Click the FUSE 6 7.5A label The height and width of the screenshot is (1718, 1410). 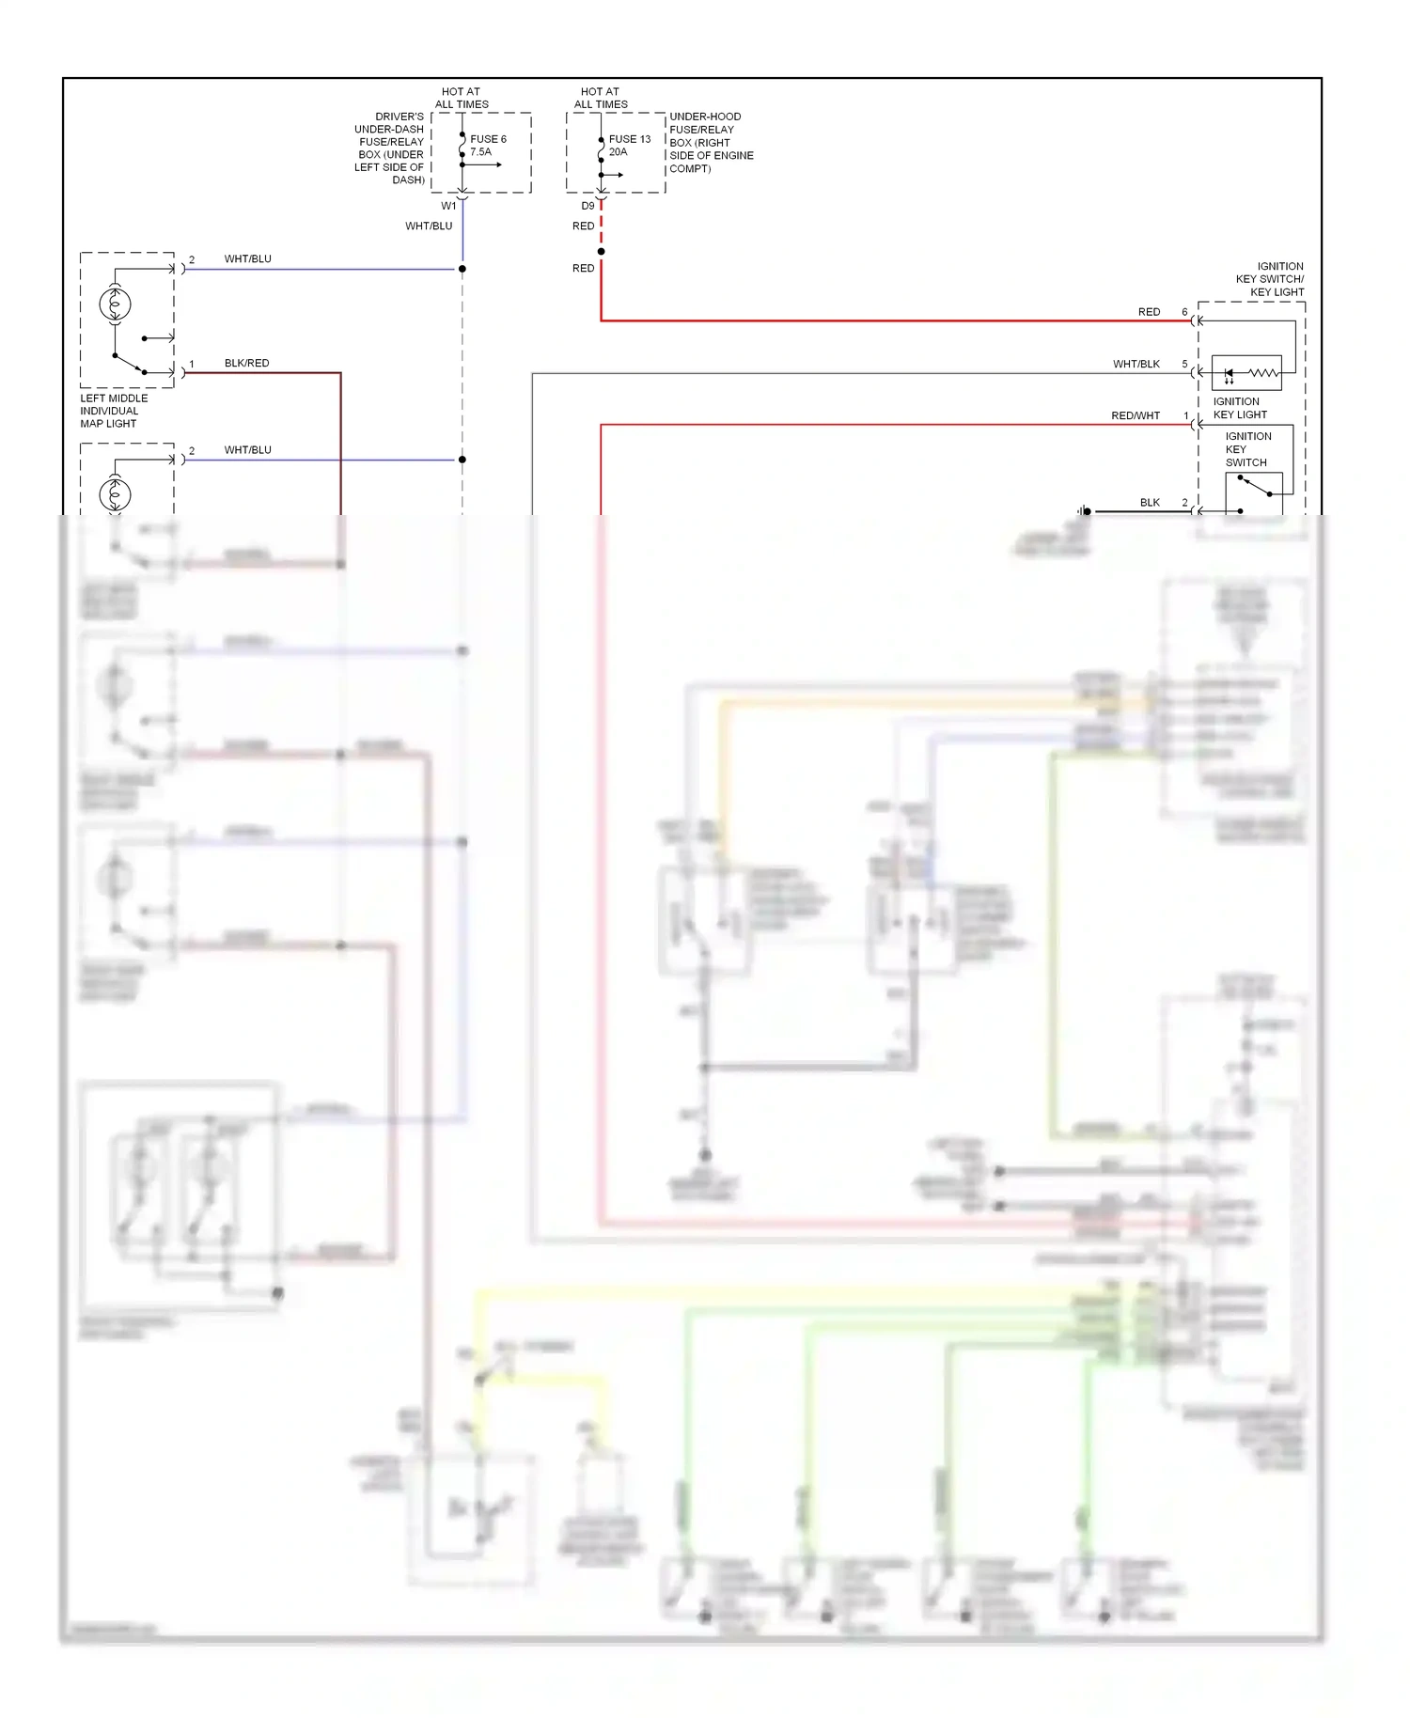(x=488, y=145)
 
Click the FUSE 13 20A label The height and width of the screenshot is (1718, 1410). (x=629, y=145)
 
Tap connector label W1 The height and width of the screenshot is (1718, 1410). (x=448, y=206)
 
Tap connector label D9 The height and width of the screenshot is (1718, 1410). (x=587, y=206)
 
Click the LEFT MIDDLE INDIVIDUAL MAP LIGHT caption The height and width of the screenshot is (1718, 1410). (x=113, y=411)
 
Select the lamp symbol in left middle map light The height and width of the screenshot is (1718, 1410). (x=115, y=304)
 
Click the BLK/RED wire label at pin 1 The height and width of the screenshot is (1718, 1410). (x=246, y=363)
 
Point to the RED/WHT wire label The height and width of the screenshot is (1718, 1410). (x=1135, y=415)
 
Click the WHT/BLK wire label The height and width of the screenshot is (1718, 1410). (x=1136, y=364)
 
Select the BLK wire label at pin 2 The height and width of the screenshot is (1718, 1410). (x=1150, y=503)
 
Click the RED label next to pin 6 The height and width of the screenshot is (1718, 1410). (x=1149, y=312)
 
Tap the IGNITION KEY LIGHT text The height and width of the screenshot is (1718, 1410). (x=1239, y=408)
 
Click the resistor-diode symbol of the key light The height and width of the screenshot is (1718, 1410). (x=1246, y=373)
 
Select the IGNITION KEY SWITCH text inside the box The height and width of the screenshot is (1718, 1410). (x=1246, y=449)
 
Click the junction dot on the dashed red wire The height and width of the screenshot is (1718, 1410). (x=601, y=251)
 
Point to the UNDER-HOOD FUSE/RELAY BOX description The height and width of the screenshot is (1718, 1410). (x=711, y=143)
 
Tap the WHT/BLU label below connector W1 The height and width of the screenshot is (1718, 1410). (x=429, y=226)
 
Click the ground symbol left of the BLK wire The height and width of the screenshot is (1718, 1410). (x=1084, y=511)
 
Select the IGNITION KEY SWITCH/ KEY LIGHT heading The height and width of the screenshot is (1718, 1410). (x=1269, y=279)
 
